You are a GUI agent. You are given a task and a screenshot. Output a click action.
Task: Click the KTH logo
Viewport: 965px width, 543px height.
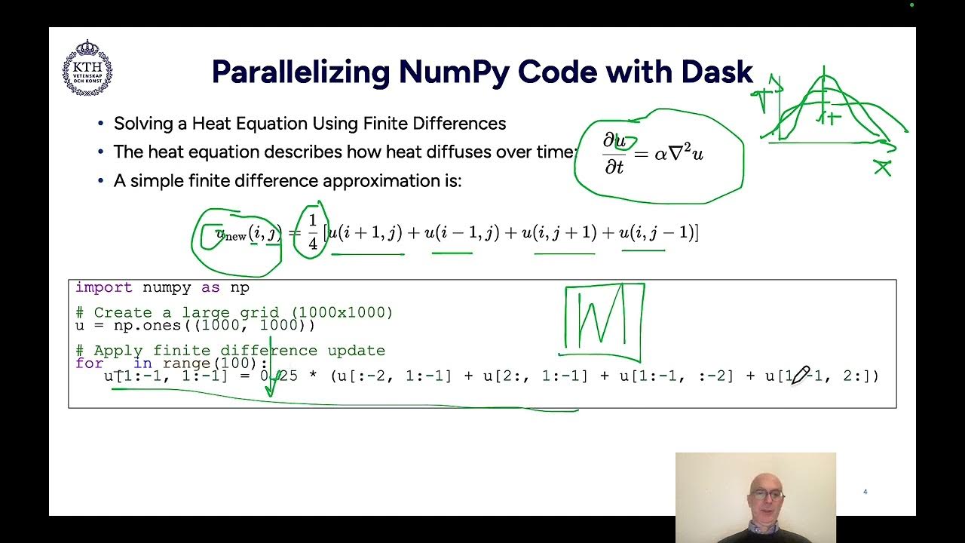pos(87,69)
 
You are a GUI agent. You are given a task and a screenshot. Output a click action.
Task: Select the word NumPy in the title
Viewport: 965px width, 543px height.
pos(456,72)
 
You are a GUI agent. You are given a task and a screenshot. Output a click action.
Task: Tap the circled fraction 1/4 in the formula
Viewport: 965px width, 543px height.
pos(312,233)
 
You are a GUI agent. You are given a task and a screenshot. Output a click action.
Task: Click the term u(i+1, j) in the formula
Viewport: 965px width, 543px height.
pos(366,233)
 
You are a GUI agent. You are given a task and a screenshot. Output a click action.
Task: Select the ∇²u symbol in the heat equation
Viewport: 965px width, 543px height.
pos(687,154)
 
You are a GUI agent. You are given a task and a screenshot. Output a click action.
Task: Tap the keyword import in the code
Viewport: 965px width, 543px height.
pos(103,287)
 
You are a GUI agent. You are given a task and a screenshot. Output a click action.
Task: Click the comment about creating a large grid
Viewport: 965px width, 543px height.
pos(234,312)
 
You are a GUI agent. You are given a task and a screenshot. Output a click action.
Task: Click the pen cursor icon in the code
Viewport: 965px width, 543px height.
pos(800,375)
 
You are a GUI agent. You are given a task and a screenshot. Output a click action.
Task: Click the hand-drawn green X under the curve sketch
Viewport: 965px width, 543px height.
pos(882,167)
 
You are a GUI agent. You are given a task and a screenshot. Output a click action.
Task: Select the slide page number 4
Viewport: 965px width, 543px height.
pos(865,492)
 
